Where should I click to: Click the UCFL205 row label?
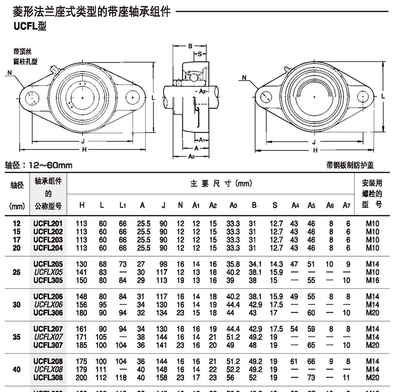[48, 263]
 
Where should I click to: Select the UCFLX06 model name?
[48, 304]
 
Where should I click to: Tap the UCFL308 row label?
[48, 377]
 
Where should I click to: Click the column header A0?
[233, 205]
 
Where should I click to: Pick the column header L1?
[122, 205]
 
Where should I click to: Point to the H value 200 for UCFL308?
[81, 377]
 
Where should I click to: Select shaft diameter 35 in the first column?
[17, 337]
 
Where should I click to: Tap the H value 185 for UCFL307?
[81, 345]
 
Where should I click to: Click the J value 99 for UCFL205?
[163, 263]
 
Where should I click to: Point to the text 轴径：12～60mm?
[39, 165]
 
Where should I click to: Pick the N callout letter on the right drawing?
[244, 77]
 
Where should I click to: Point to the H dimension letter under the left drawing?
[84, 149]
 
